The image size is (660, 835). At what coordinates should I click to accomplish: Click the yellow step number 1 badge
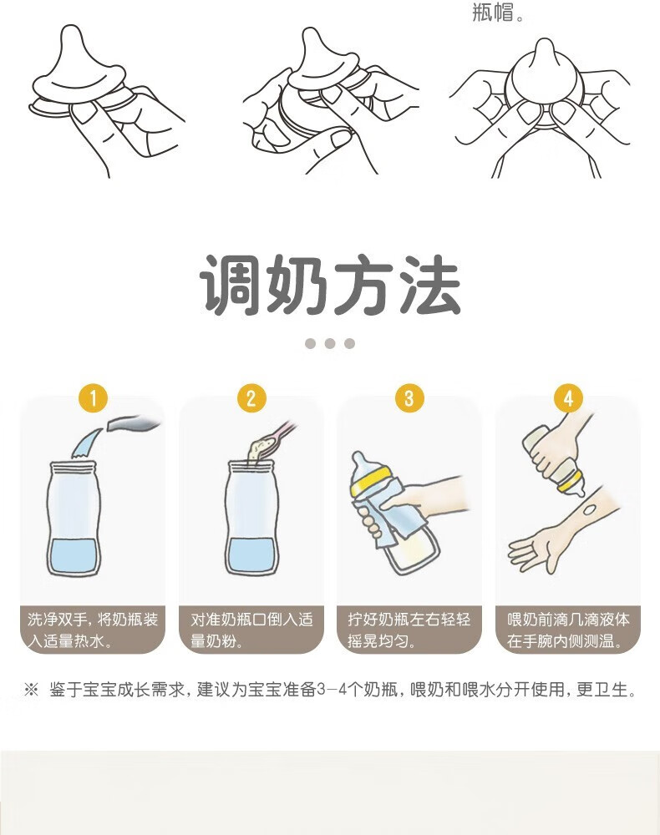(94, 397)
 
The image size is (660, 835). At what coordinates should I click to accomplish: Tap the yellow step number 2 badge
(251, 397)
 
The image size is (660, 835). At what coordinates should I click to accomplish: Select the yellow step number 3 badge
(409, 397)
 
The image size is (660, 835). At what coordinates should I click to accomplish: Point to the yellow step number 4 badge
(568, 397)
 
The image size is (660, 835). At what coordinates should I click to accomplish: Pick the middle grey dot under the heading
(330, 343)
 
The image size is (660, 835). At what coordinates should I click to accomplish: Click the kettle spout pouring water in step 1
(133, 424)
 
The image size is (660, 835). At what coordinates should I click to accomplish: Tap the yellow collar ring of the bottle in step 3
(373, 478)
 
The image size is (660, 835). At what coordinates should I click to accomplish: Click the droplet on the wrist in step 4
(589, 509)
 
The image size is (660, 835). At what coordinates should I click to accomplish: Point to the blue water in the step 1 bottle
(73, 555)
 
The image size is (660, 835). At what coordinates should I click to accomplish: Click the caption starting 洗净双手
(93, 630)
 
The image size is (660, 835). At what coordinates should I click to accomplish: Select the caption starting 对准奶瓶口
(251, 630)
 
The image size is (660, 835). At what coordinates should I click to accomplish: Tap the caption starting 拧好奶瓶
(409, 630)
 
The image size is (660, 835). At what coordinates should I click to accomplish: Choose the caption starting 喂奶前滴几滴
(568, 630)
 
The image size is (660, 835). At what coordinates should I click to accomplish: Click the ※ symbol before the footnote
(32, 690)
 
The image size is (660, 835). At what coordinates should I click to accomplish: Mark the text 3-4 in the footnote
(332, 690)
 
